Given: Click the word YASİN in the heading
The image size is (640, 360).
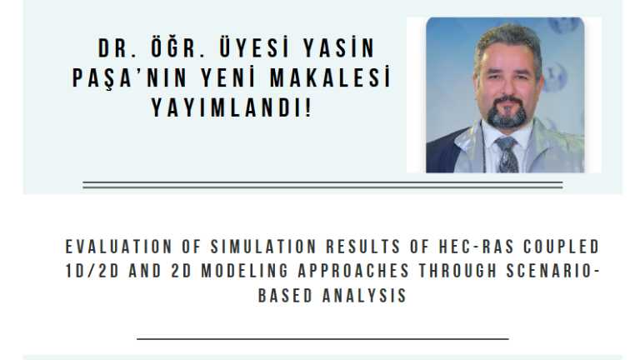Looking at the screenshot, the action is point(338,47).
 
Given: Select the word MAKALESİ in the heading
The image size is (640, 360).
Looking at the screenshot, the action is point(330,77).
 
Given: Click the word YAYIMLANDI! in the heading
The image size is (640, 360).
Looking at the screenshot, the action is point(232,107).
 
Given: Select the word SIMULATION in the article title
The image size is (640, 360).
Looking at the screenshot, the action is point(263,247).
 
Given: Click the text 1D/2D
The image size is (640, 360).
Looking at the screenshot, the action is point(92,271).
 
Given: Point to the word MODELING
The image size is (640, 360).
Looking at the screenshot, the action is point(245,271).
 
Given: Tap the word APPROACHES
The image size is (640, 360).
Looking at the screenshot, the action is point(353,271).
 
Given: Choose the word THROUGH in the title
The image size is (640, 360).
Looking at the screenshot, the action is point(457,271).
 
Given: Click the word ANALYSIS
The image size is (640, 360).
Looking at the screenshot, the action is point(364,296).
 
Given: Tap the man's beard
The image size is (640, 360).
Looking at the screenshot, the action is point(507,113).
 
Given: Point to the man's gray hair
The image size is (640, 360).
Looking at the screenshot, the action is point(507,40).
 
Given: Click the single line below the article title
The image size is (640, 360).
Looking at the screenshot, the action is point(322,339).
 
